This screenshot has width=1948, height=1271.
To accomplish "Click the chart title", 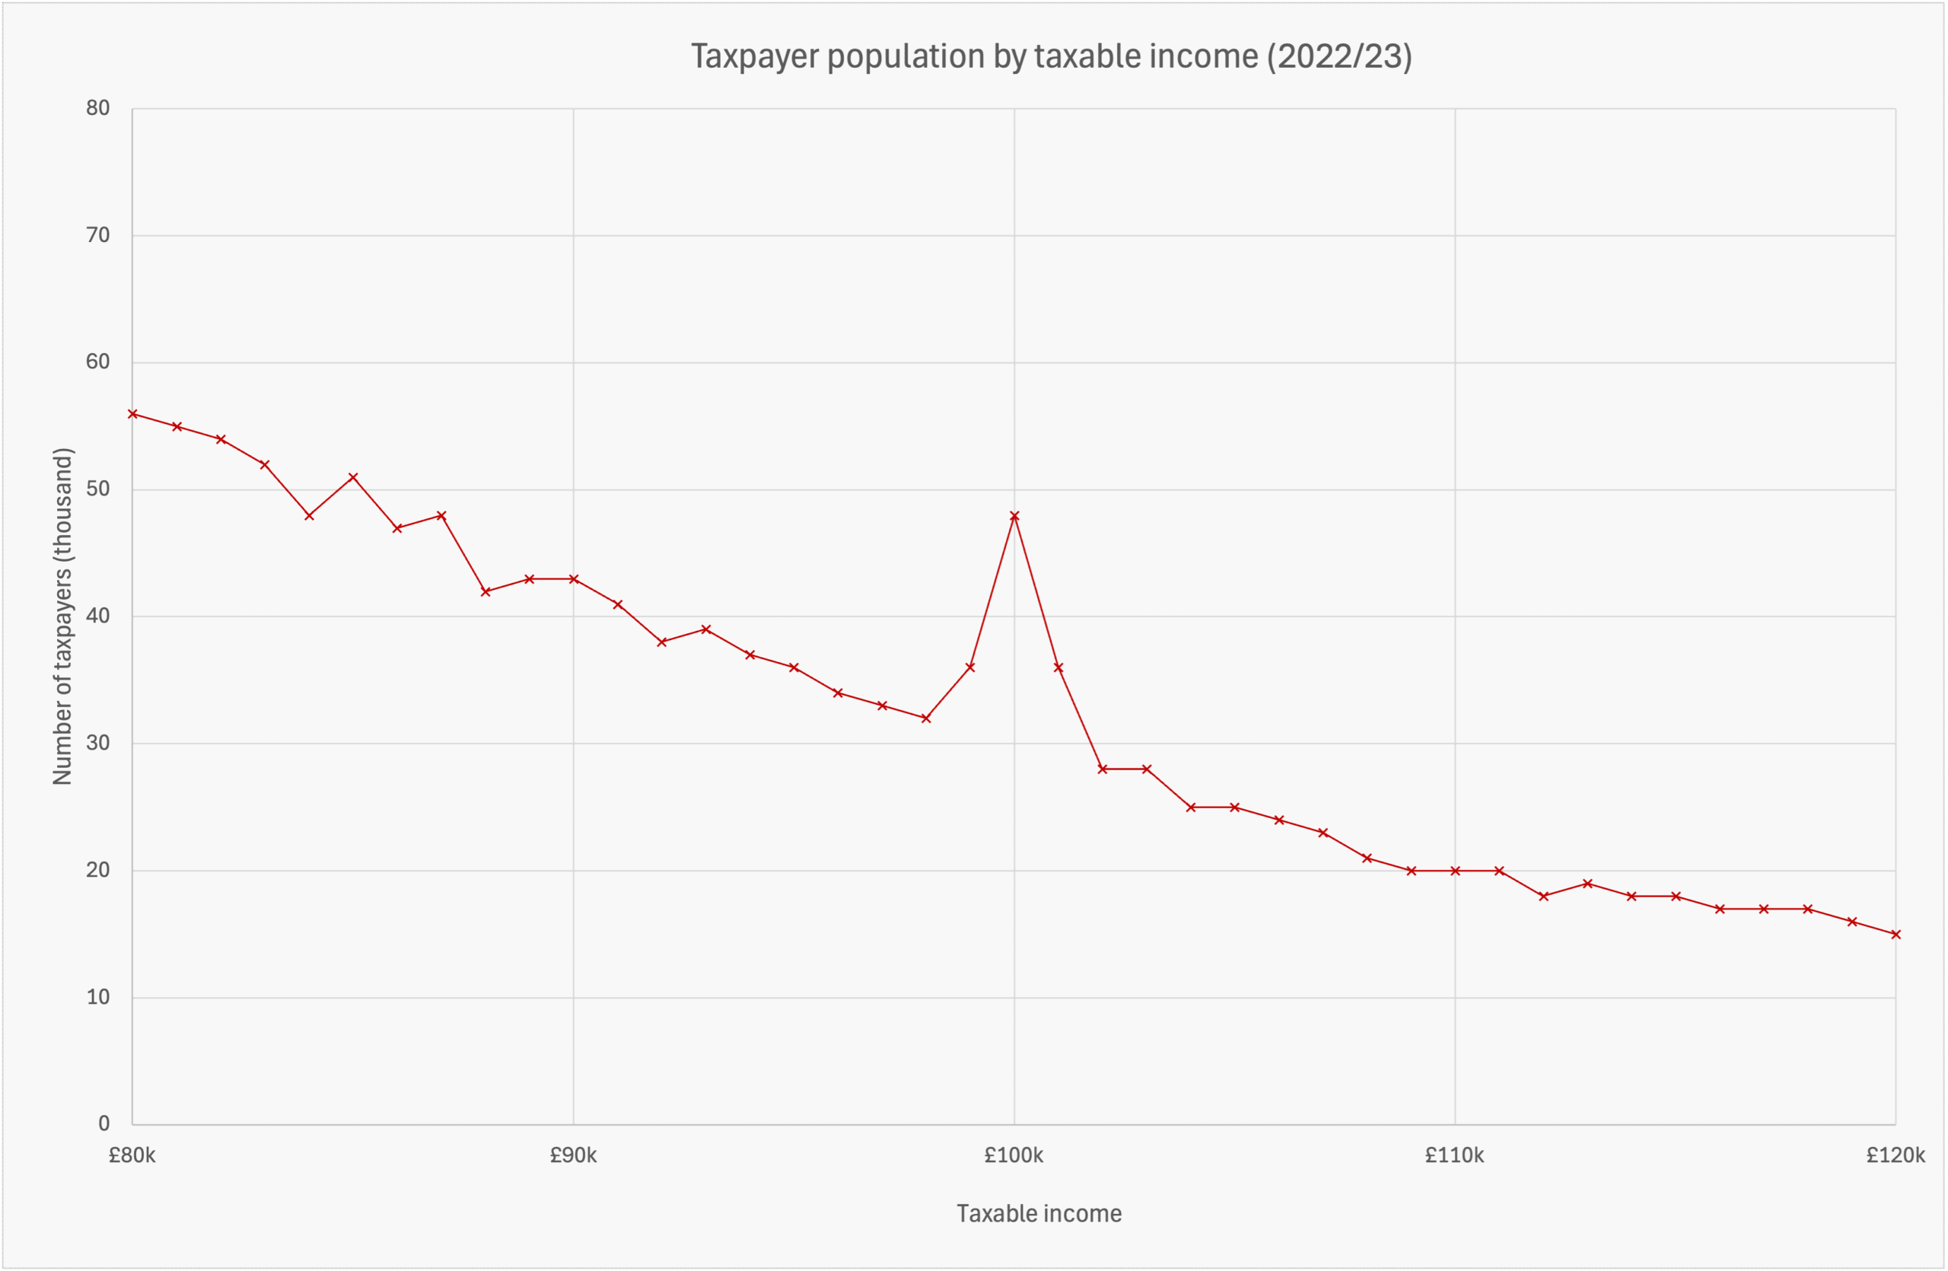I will click(1051, 56).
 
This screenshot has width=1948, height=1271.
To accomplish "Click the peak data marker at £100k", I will click(1014, 515).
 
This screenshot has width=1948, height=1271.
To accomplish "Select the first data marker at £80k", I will click(132, 414).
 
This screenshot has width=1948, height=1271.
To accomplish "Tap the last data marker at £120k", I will click(1895, 935).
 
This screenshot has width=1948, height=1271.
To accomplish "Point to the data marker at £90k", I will click(574, 579).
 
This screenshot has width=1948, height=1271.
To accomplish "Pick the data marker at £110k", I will click(1455, 871).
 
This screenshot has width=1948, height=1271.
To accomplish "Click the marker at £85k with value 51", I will click(353, 477).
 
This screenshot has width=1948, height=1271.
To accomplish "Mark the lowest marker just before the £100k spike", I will click(926, 718).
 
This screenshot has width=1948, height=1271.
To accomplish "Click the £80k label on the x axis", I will click(132, 1155).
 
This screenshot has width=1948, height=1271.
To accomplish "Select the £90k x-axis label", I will click(573, 1155).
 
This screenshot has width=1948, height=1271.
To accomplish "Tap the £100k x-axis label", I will click(1014, 1155).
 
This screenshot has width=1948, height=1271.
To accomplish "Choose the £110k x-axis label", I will click(1454, 1155).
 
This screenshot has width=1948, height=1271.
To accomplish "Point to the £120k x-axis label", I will click(1895, 1155).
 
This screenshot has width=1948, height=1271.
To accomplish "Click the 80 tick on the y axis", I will click(97, 108).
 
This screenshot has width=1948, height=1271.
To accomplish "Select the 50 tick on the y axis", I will click(97, 489).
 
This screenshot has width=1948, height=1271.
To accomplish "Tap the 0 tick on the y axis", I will click(104, 1123).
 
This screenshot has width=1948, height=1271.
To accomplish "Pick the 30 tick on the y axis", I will click(97, 743).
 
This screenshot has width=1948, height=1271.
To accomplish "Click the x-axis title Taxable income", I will click(1039, 1214).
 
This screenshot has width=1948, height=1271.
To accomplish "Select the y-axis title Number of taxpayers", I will click(63, 616).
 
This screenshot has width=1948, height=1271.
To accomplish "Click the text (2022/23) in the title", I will click(1339, 56).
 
